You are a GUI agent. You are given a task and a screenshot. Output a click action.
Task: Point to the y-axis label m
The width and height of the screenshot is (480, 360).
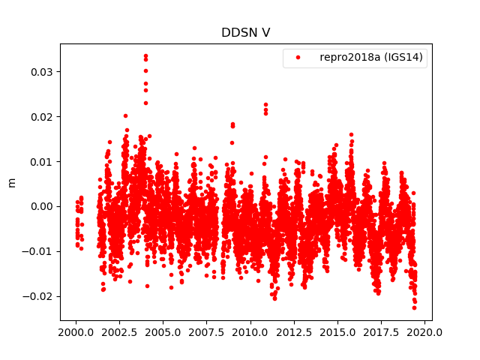coord(11,182)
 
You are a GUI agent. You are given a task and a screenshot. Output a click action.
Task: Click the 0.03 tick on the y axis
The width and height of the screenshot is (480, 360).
coord(42,72)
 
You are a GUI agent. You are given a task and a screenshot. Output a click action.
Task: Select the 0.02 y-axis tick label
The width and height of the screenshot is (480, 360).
coord(42,117)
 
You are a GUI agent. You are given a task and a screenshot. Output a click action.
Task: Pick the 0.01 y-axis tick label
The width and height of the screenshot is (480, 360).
coord(42,161)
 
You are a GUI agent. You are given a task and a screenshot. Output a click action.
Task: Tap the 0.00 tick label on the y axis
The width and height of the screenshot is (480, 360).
coord(42,206)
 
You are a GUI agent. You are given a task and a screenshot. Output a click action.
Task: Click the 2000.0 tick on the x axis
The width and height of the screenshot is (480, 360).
coord(76,331)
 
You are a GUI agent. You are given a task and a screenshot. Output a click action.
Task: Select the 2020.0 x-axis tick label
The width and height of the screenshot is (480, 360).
coord(426,331)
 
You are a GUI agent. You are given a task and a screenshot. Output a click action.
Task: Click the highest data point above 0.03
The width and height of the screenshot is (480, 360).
coord(145,56)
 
